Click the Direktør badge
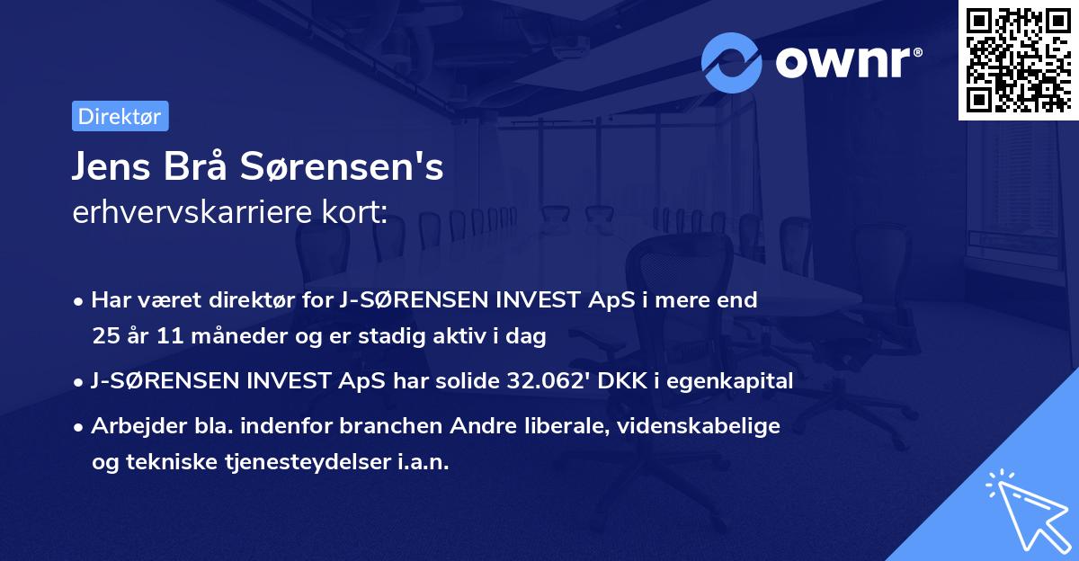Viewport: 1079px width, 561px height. (120, 116)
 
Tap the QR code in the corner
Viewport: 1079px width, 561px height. (1018, 60)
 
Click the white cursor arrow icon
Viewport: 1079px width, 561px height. (1024, 511)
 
